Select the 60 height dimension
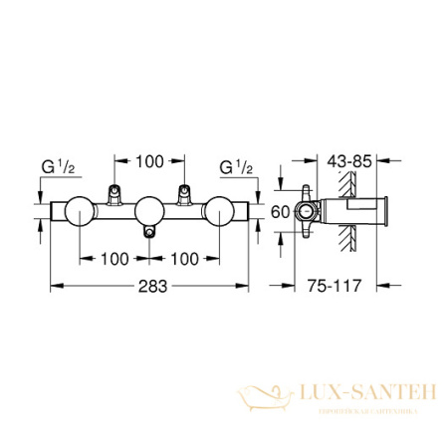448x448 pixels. click(x=281, y=211)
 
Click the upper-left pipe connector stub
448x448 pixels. click(x=114, y=193)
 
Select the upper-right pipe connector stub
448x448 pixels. click(x=184, y=193)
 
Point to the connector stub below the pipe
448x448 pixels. click(x=149, y=231)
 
